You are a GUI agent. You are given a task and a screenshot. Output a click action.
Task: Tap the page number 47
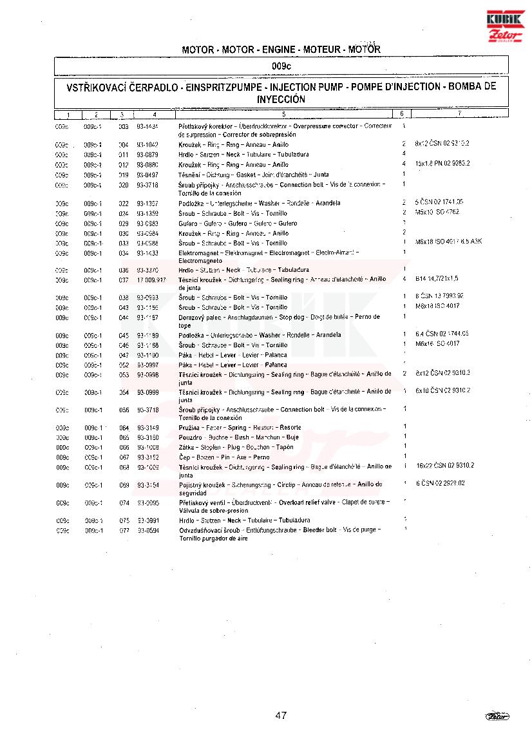(x=280, y=715)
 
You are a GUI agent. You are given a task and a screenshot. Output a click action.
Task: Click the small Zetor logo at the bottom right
(x=497, y=716)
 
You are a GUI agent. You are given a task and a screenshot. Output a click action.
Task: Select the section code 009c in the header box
(x=281, y=66)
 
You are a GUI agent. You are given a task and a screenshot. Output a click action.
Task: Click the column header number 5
(x=283, y=115)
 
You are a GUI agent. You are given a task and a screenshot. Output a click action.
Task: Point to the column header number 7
(x=459, y=114)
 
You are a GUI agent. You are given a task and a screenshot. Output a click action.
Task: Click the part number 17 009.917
(x=151, y=280)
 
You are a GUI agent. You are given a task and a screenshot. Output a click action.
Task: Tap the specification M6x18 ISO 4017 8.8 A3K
(x=448, y=242)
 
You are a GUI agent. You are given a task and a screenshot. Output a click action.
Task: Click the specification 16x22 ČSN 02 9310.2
(x=445, y=465)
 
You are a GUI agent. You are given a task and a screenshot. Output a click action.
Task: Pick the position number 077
(x=124, y=530)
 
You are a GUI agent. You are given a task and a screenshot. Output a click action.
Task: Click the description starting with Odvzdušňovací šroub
(x=280, y=533)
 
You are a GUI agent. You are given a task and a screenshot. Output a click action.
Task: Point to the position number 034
(x=124, y=253)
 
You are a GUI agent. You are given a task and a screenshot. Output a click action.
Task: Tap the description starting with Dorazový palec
(x=279, y=321)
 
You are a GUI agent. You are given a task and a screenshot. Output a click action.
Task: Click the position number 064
(x=124, y=428)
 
